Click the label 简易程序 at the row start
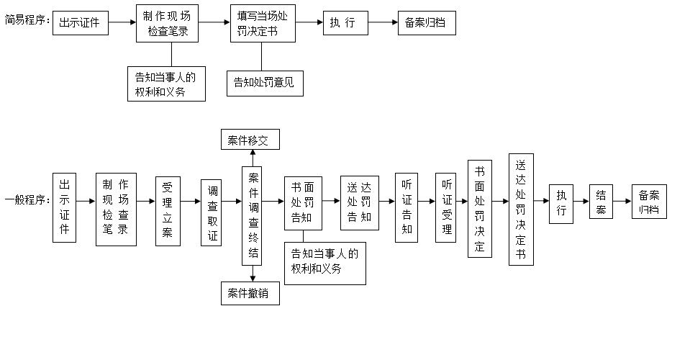click(27, 21)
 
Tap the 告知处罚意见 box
click(264, 82)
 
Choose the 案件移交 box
click(250, 140)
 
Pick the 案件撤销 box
click(250, 293)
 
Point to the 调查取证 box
click(212, 212)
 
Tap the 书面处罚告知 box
click(302, 202)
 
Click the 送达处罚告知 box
click(359, 202)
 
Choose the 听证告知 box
click(407, 207)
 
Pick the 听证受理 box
click(446, 207)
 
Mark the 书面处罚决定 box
click(479, 209)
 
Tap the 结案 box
click(601, 202)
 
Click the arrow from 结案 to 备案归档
click(622, 202)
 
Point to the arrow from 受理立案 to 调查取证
click(191, 202)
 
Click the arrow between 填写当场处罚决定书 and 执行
click(309, 22)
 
